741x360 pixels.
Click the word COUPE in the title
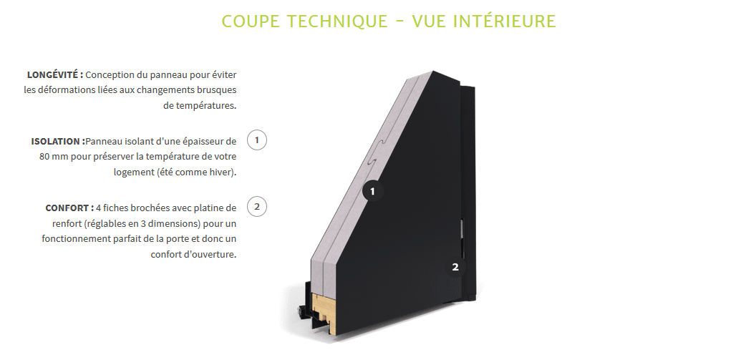tap(251, 21)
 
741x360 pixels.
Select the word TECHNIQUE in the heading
tap(338, 21)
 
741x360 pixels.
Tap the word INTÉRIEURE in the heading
tap(508, 21)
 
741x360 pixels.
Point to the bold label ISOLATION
tap(58, 141)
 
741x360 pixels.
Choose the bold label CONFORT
tap(69, 208)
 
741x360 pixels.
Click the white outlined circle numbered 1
tap(256, 140)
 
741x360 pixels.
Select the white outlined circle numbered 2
tap(256, 206)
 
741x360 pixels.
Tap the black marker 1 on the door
tap(372, 191)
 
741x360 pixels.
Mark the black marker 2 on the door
tap(455, 267)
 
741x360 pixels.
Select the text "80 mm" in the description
tap(54, 156)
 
